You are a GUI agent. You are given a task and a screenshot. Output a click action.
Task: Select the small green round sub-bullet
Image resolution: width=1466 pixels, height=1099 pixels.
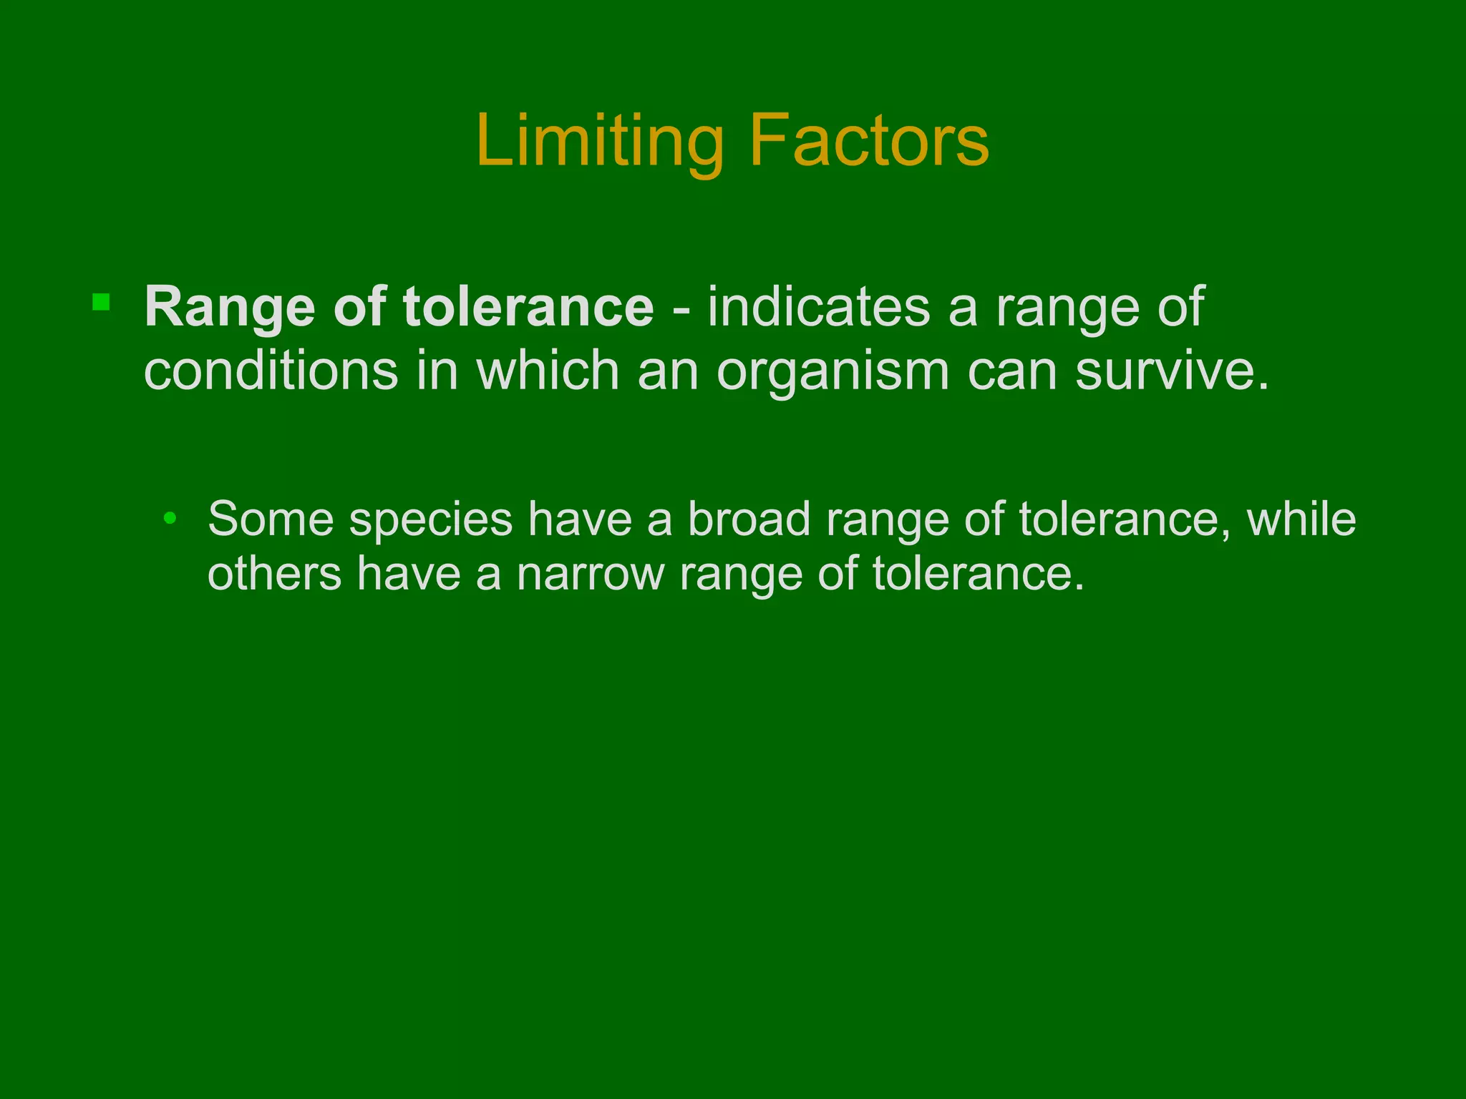click(170, 518)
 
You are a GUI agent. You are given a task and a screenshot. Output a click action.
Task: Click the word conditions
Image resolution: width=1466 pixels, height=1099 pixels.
click(271, 371)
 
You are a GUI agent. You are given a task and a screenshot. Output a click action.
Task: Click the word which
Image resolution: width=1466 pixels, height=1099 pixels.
click(548, 371)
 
